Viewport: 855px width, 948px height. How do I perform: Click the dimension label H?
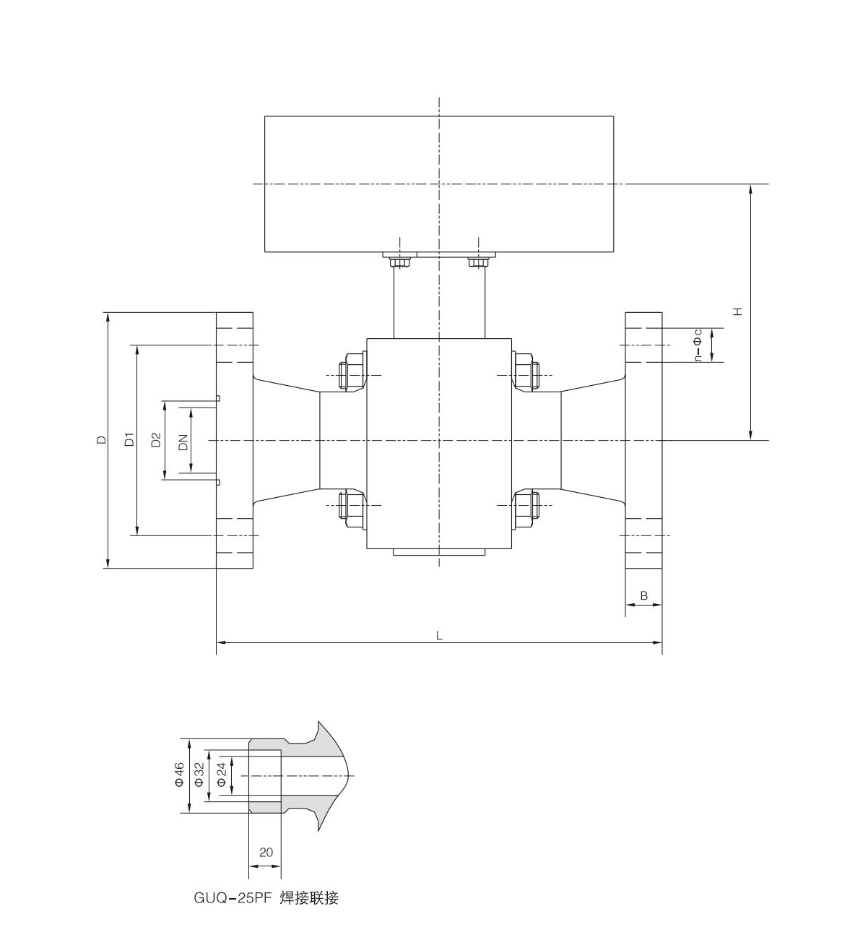(738, 311)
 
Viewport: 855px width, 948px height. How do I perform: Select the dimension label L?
(439, 636)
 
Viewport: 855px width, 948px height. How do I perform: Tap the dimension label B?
(644, 596)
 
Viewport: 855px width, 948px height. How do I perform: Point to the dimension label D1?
(129, 439)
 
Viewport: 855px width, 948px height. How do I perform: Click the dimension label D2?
(156, 440)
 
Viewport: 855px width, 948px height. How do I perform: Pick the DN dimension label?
(183, 442)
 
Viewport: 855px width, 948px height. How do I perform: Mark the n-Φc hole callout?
(698, 345)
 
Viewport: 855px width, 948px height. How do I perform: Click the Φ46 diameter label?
(179, 775)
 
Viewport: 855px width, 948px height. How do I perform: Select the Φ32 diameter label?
(199, 775)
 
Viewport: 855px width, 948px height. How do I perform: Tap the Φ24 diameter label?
(222, 775)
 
